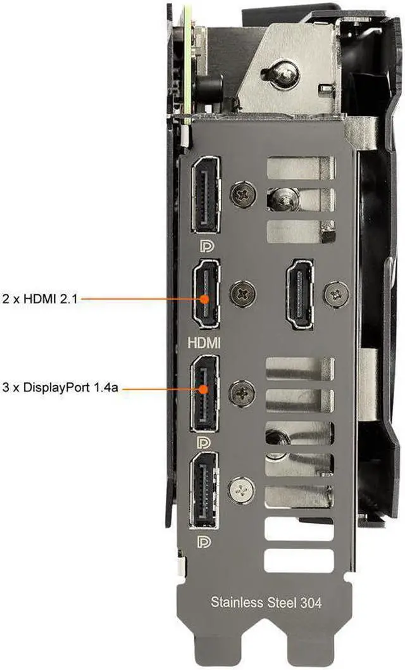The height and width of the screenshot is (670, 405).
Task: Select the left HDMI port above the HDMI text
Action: [204, 294]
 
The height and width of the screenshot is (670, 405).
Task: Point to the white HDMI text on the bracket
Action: [204, 343]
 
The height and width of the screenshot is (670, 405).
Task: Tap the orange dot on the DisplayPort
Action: [204, 389]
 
